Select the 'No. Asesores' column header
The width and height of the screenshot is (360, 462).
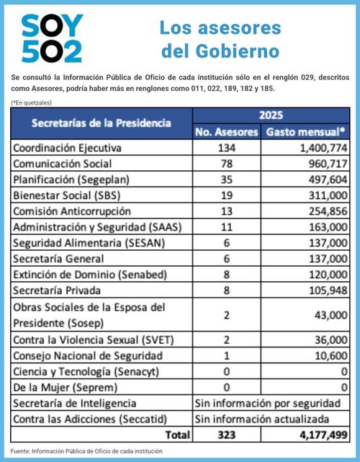227,132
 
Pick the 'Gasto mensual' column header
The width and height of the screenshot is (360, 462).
306,132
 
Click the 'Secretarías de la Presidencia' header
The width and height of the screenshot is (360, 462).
101,123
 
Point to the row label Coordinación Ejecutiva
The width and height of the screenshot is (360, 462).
68,148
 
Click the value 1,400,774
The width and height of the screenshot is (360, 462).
318,148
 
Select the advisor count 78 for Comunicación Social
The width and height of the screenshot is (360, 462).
228,164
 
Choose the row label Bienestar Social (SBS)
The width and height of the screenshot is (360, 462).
66,195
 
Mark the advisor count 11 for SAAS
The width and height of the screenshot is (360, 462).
228,227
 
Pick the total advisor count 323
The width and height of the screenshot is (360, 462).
228,435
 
